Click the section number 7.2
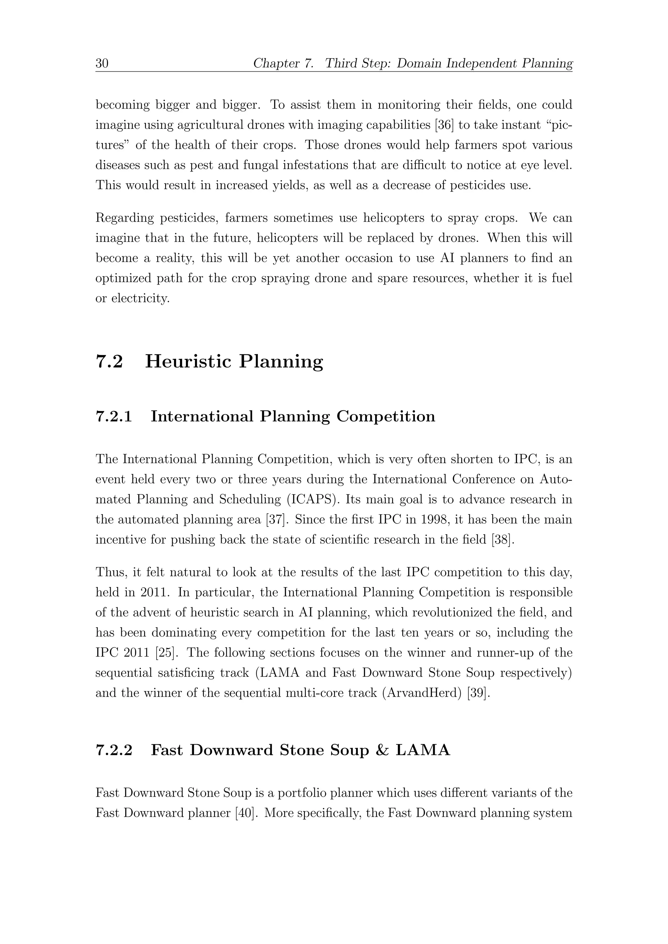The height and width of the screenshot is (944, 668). pyautogui.click(x=109, y=361)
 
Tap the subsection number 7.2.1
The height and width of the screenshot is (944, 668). pyautogui.click(x=114, y=417)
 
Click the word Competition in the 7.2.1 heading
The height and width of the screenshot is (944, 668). pyautogui.click(x=386, y=417)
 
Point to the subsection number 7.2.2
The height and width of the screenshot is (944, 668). pyautogui.click(x=114, y=750)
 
